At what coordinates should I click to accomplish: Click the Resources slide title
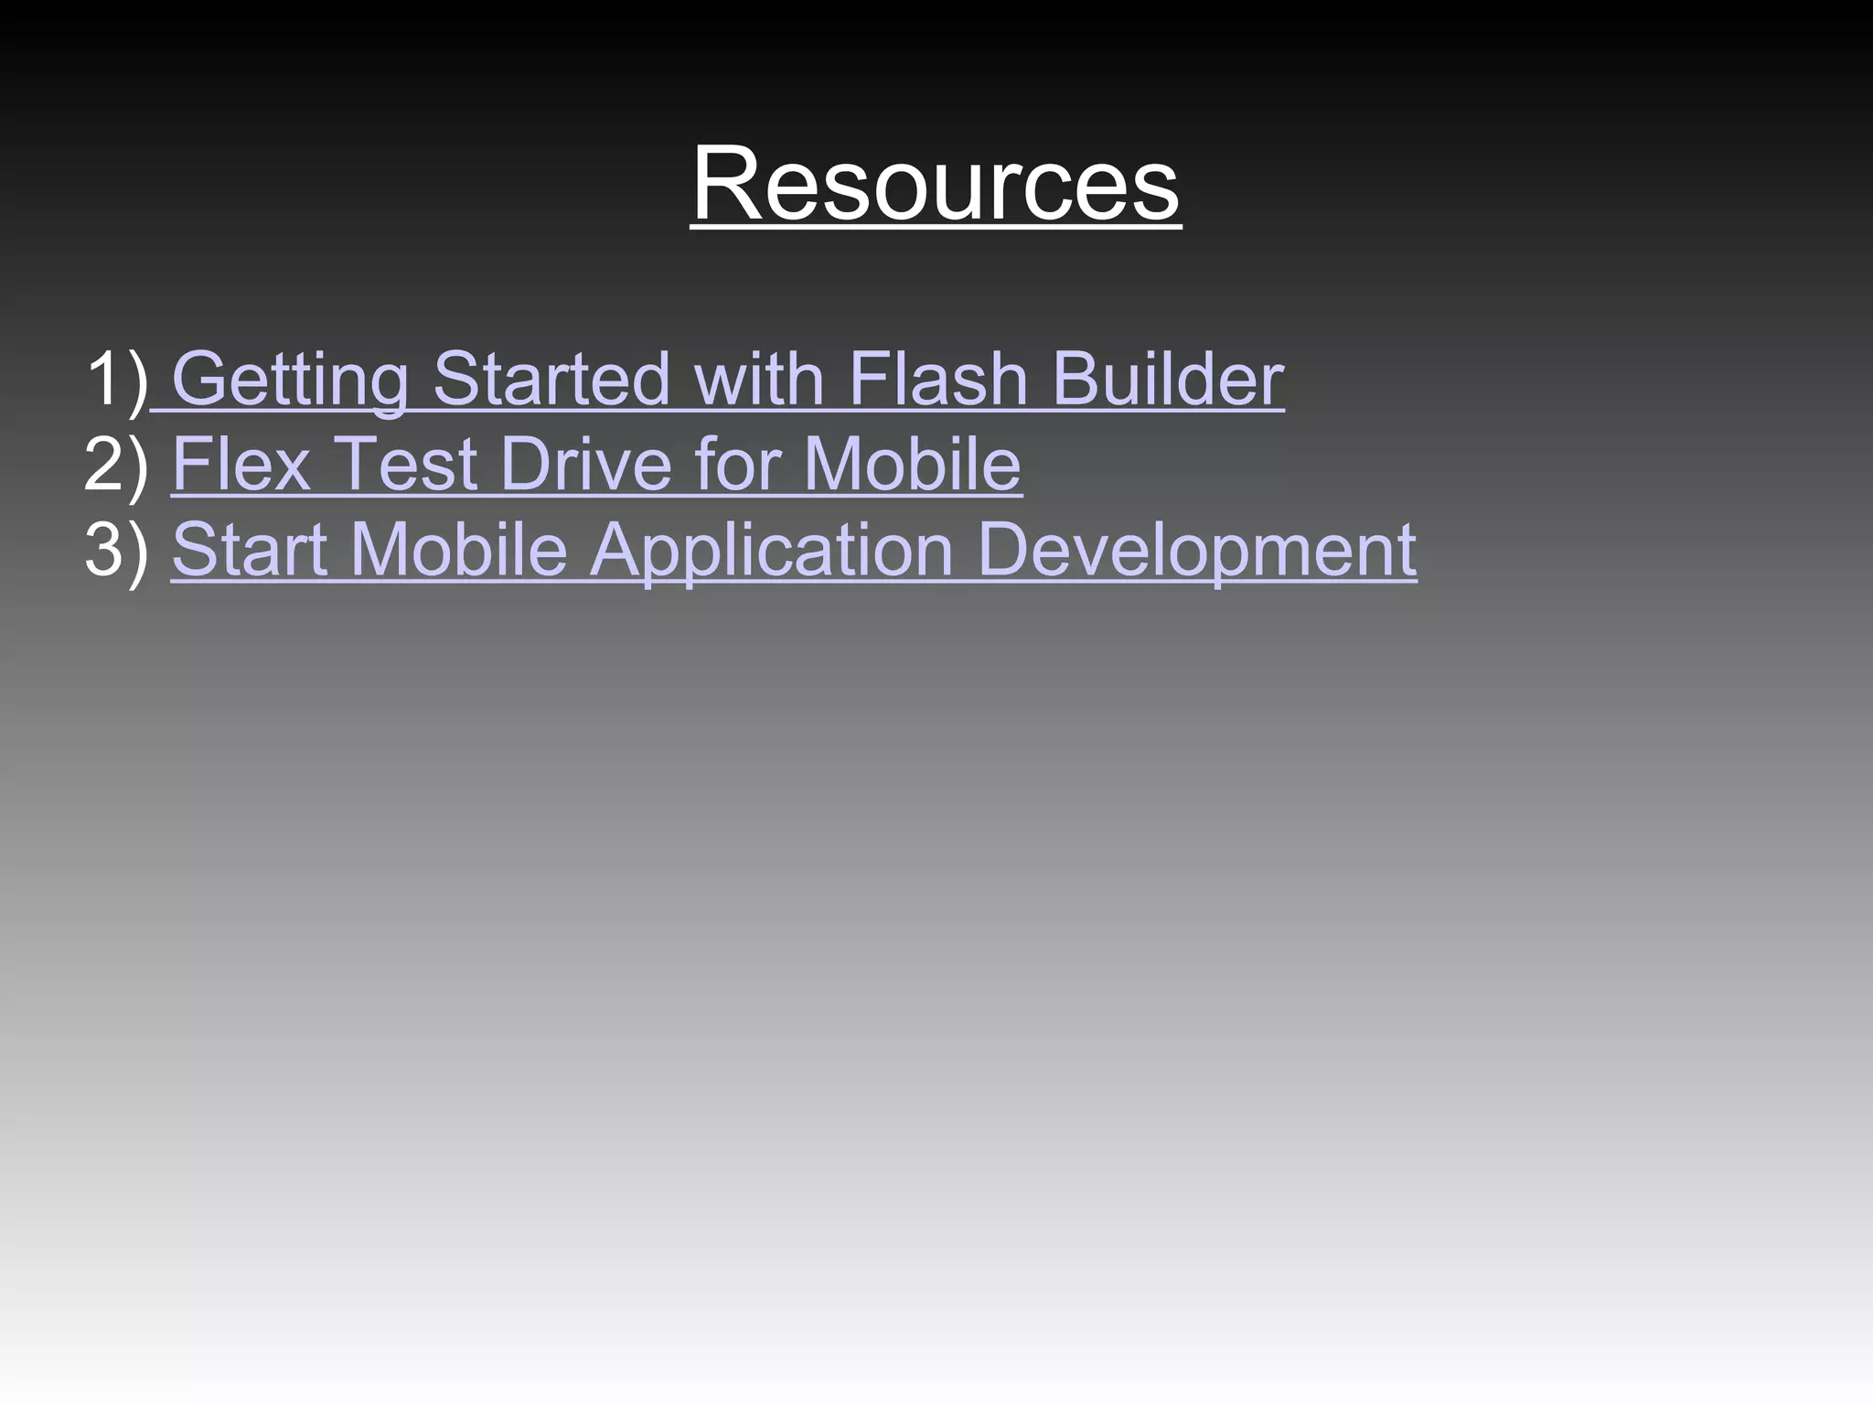(936, 185)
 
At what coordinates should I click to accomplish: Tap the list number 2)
(116, 465)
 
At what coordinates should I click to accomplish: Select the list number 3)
(116, 550)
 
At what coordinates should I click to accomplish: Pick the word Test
(407, 465)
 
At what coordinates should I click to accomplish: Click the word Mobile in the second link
(912, 465)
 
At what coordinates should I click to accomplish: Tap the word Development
(1196, 550)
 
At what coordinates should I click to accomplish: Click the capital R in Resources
(722, 185)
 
